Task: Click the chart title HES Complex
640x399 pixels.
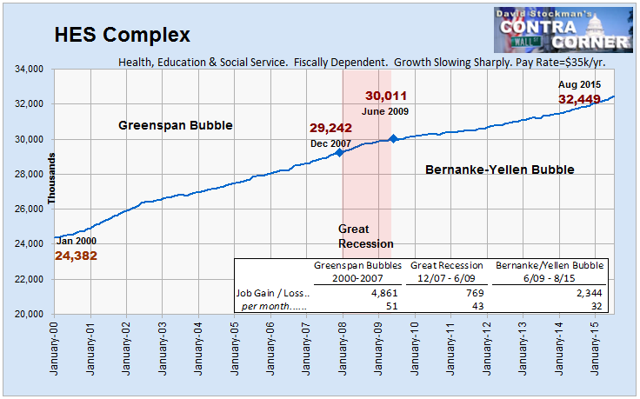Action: pos(122,37)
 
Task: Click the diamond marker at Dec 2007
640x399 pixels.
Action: pos(339,152)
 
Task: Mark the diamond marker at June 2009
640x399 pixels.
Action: pos(393,138)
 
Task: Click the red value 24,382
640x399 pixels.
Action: pos(76,256)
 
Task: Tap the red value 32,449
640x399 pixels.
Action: pos(579,100)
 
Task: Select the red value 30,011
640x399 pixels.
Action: pos(386,96)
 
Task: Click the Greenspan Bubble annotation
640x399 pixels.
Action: pos(176,126)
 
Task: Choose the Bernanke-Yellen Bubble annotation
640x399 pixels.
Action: pos(499,170)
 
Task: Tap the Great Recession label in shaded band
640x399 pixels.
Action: pos(365,236)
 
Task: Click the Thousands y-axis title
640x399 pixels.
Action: pos(51,179)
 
